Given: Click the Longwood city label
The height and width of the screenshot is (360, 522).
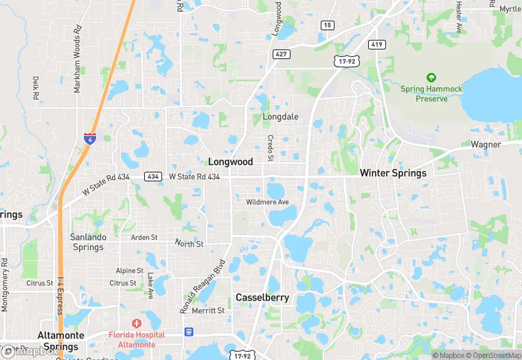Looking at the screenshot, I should pyautogui.click(x=230, y=162).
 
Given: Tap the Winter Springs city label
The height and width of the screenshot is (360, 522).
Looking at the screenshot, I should pyautogui.click(x=393, y=173).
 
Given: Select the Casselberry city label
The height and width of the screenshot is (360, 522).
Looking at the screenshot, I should pyautogui.click(x=262, y=297).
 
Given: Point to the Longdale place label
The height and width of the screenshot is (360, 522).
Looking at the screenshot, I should pyautogui.click(x=280, y=117).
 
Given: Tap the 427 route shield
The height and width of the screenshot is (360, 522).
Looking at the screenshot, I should pyautogui.click(x=280, y=53).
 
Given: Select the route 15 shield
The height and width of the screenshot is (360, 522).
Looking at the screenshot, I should pyautogui.click(x=328, y=25).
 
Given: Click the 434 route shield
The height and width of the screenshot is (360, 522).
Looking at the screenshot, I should pyautogui.click(x=153, y=177).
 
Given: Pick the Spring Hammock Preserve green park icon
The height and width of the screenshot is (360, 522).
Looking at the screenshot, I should pyautogui.click(x=431, y=78).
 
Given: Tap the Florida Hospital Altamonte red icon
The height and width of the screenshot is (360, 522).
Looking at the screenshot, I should pyautogui.click(x=136, y=323).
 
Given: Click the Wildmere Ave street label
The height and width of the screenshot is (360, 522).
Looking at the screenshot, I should pyautogui.click(x=268, y=202).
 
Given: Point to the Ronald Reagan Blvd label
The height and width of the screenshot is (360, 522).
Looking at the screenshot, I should pyautogui.click(x=203, y=286).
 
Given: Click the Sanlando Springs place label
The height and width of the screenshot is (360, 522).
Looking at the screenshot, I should pyautogui.click(x=87, y=242).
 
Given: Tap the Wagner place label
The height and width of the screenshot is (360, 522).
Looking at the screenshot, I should pyautogui.click(x=486, y=145).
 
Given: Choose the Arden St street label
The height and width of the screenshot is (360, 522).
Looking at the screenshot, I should pyautogui.click(x=144, y=238).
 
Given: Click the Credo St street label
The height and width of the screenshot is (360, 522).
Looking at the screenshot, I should pyautogui.click(x=270, y=147).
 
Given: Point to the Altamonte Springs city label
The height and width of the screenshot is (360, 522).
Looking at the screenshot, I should pyautogui.click(x=60, y=341).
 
